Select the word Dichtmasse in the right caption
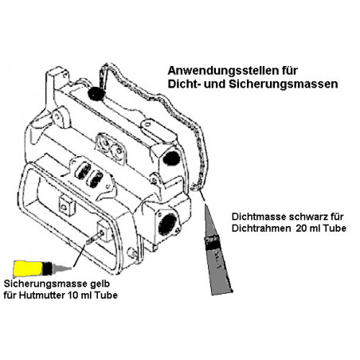pyautogui.click(x=259, y=217)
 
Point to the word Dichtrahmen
pyautogui.click(x=261, y=229)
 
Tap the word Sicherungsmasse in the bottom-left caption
pyautogui.click(x=44, y=284)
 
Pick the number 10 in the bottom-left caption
pyautogui.click(x=74, y=295)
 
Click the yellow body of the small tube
pyautogui.click(x=28, y=268)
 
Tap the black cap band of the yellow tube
pyautogui.click(x=47, y=268)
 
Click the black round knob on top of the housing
pyautogui.click(x=96, y=93)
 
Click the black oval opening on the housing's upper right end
pyautogui.click(x=170, y=158)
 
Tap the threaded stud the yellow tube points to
pyautogui.click(x=93, y=237)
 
